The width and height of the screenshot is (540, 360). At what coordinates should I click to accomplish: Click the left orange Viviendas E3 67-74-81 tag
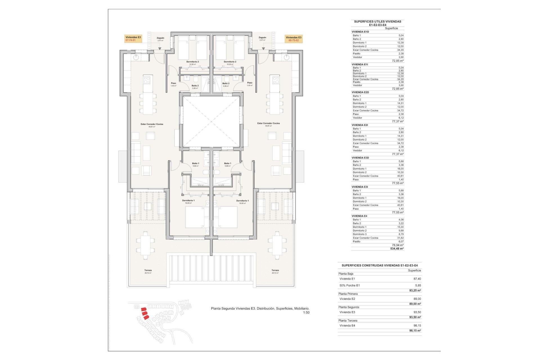pos(133,39)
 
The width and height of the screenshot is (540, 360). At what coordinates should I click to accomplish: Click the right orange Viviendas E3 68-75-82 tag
pos(294,39)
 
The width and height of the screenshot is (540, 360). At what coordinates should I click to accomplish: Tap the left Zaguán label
pos(160,38)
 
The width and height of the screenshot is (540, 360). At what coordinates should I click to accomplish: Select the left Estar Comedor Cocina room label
pos(152,124)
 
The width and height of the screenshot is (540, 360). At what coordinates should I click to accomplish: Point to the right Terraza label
pos(275,271)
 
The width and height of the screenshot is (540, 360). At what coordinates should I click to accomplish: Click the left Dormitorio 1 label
pos(188,201)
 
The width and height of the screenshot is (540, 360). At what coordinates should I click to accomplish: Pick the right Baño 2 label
pos(226,84)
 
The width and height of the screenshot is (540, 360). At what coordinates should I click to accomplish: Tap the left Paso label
pos(174,83)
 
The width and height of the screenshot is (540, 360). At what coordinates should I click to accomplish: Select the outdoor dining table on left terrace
pos(145,245)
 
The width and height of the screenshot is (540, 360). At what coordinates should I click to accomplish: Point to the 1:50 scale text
pos(306,312)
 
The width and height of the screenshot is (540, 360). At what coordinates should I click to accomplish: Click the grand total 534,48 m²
pos(397,249)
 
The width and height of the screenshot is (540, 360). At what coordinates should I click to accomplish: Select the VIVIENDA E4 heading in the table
pos(359,216)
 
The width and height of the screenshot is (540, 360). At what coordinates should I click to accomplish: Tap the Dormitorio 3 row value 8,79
pos(401,234)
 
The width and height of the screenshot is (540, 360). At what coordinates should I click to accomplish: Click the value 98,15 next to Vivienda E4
pos(417,326)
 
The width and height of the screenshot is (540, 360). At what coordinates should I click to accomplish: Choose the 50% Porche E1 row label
pos(350,285)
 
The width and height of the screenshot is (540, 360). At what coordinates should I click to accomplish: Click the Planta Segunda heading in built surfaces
pos(349,307)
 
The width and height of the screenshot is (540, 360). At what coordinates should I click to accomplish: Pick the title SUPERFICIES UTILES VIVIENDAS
pos(377,22)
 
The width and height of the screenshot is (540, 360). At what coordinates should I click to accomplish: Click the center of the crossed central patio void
pos(211,121)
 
